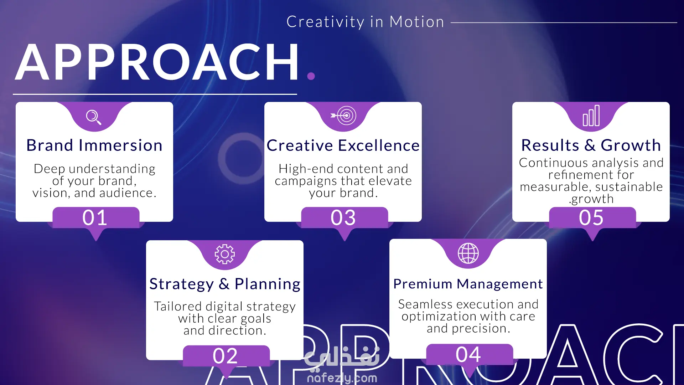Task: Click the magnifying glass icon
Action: coord(94,117)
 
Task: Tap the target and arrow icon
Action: coord(343,115)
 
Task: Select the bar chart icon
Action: coord(591,115)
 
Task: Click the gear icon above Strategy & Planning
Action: coord(225,254)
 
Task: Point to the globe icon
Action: coord(468,253)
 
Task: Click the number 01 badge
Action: coord(95,217)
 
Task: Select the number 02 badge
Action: coord(226,356)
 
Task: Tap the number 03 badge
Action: coord(344,217)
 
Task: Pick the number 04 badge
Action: coord(469,354)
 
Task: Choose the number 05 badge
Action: coord(592,217)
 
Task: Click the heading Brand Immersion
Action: coord(94,145)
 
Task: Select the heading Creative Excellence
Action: coord(343,145)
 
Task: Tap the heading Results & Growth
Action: coord(591,145)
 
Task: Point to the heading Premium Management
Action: coord(468,284)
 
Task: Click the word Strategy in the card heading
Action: coord(181,284)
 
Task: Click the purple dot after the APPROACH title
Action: coord(311,76)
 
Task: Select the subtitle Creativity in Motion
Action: coord(366,22)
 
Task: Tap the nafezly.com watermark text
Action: coord(342,378)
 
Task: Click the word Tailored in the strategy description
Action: coord(178,306)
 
